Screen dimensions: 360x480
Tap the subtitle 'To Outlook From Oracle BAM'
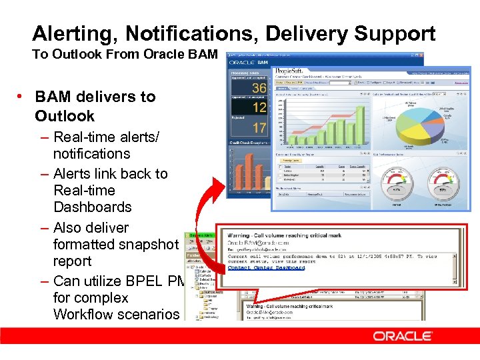click(125, 55)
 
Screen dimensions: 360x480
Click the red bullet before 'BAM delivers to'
click(22, 97)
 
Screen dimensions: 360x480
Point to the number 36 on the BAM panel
click(259, 88)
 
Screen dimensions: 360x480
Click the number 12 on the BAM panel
click(259, 107)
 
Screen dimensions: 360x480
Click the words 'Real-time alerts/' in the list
click(107, 137)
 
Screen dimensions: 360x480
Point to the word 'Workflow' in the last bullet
click(83, 314)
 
